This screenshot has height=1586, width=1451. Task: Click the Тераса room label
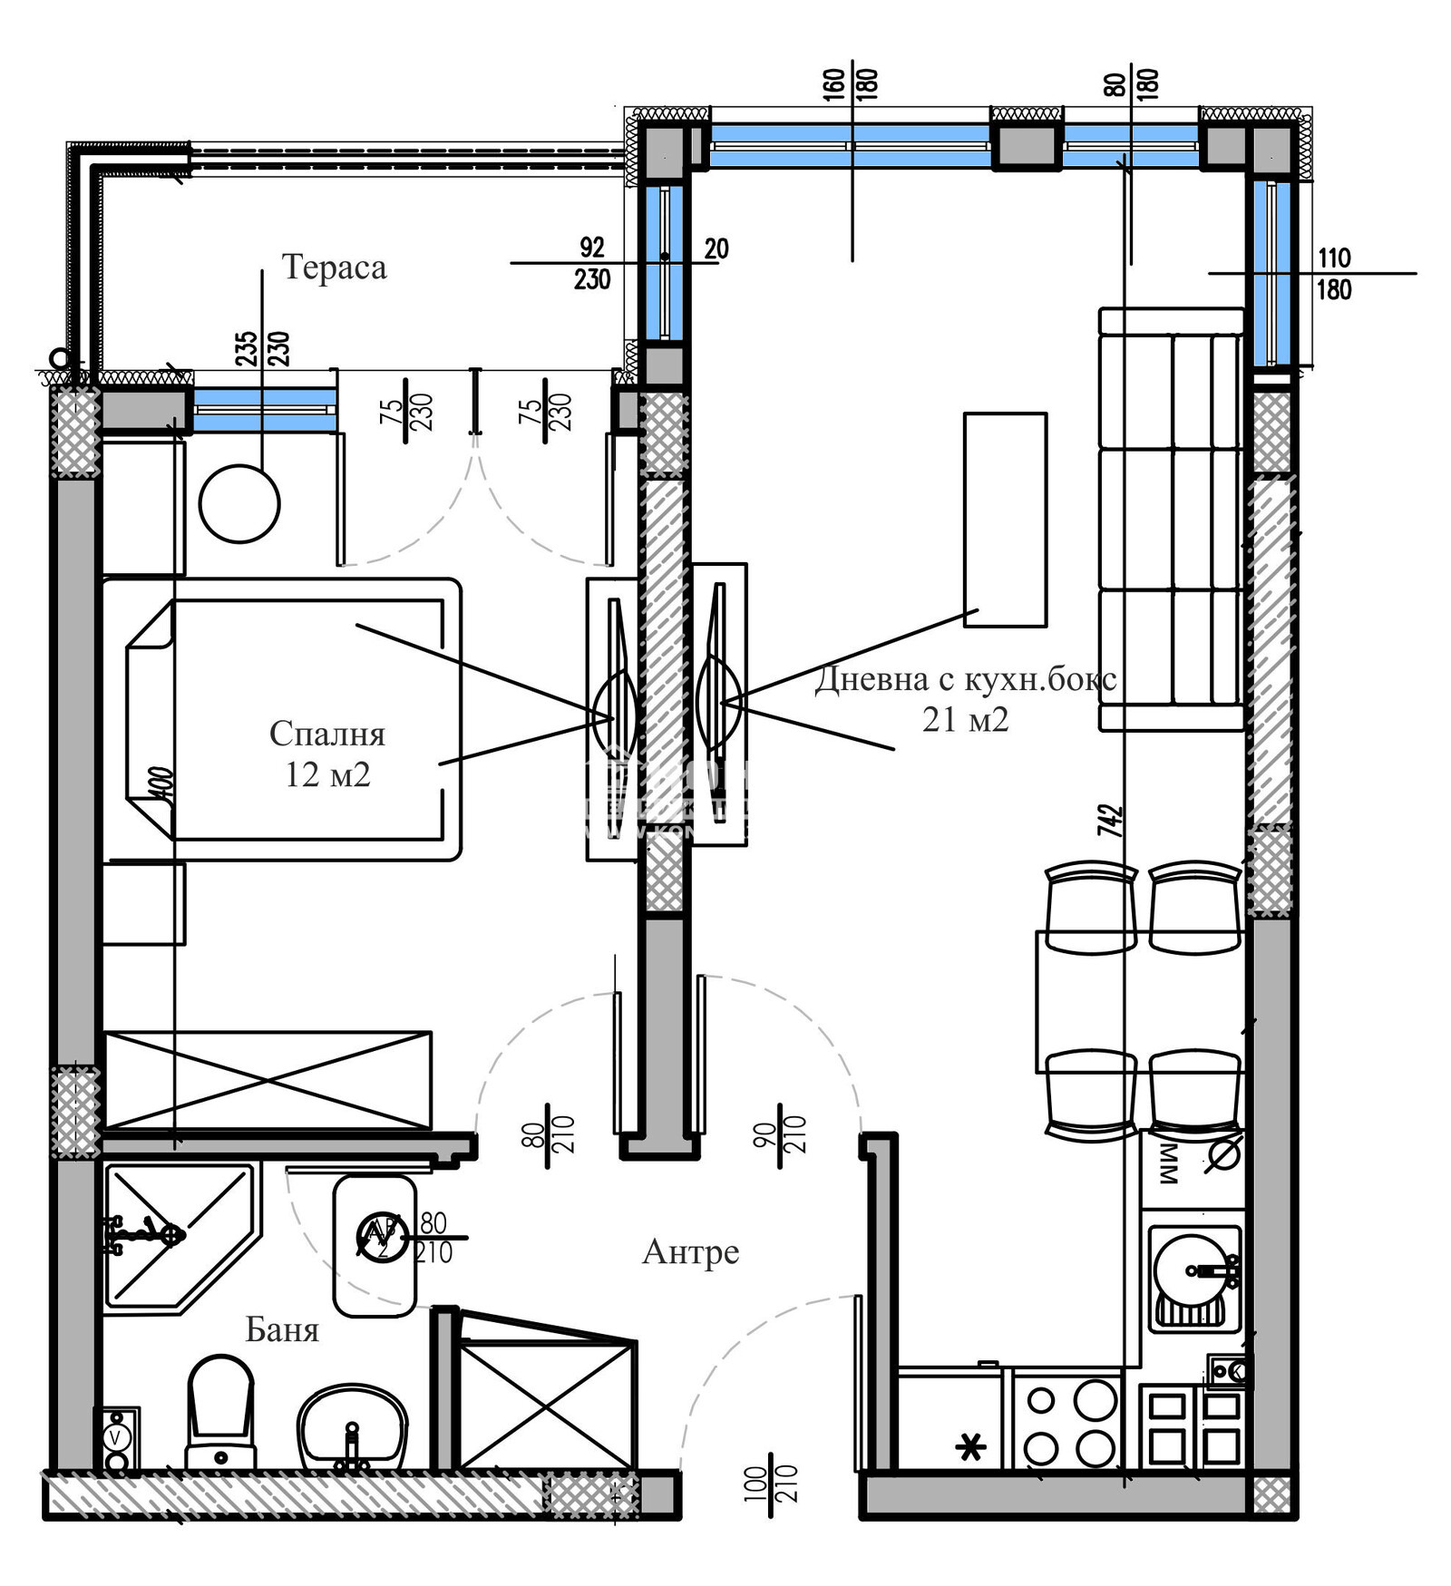(x=334, y=268)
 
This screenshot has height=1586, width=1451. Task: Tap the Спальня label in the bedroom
(x=326, y=734)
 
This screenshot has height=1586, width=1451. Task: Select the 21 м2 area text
(x=965, y=720)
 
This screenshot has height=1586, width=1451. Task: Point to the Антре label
(x=690, y=1252)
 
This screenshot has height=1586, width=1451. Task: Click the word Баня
(x=282, y=1330)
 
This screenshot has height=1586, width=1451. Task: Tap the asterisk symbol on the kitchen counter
(x=971, y=1448)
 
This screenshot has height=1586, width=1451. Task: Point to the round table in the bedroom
(x=239, y=504)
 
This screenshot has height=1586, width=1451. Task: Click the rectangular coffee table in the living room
(x=1005, y=520)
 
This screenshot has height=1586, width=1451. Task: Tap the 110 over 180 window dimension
(x=1333, y=274)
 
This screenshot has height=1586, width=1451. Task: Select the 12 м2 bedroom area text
(x=327, y=775)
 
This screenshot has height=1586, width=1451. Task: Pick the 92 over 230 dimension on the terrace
(x=591, y=263)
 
